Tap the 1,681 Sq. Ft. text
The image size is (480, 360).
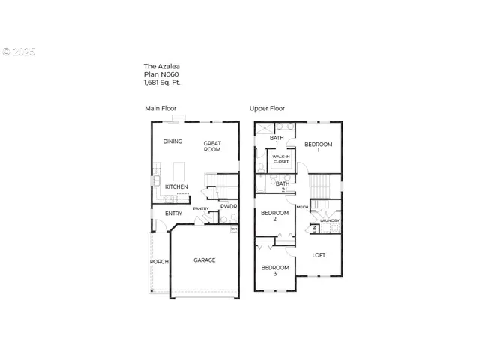coord(162,82)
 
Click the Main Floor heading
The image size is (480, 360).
coord(160,109)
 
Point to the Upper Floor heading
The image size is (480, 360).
coord(267,109)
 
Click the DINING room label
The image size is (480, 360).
coord(173,142)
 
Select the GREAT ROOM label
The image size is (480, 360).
coord(212,146)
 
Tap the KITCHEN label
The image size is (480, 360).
coord(176,187)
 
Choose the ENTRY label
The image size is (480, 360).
coord(173,214)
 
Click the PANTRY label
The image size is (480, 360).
coord(200,208)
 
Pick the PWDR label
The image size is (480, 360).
coord(229,206)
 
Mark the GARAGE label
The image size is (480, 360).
coord(205,260)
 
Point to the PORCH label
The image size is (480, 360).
coord(159,262)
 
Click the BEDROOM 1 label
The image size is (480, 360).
coord(319,147)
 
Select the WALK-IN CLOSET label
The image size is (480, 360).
coord(281,159)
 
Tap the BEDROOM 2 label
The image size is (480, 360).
coord(274,216)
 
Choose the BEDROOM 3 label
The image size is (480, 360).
coord(274,271)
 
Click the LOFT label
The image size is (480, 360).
coord(319,255)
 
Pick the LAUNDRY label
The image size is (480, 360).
coord(330,220)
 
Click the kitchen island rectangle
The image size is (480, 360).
coord(179,169)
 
